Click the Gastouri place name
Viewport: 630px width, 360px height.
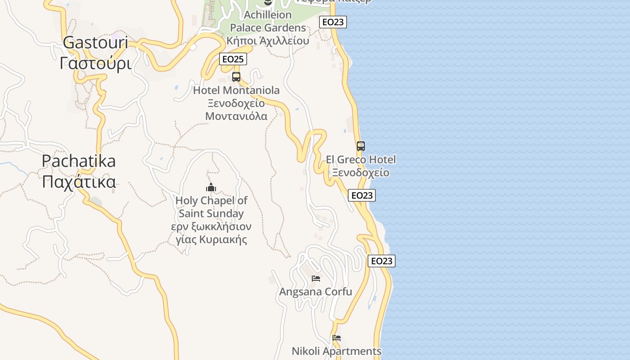(x=95, y=43)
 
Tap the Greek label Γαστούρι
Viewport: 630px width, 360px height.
(x=95, y=63)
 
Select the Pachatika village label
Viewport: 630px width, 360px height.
(x=79, y=161)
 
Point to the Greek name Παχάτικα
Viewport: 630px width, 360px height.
(x=79, y=182)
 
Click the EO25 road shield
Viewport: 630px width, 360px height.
(x=233, y=59)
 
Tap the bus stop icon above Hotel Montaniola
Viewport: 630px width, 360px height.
(x=236, y=77)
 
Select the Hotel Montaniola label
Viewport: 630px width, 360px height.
(x=236, y=90)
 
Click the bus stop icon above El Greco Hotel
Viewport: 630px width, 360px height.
(x=361, y=146)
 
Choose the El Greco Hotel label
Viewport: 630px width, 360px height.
(x=361, y=160)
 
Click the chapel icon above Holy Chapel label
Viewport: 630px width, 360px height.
(x=211, y=188)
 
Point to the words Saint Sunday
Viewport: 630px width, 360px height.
(x=211, y=213)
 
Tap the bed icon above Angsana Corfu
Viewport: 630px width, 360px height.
(x=316, y=279)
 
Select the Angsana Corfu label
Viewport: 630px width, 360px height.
(x=316, y=292)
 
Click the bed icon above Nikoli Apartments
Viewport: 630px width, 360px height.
(x=337, y=338)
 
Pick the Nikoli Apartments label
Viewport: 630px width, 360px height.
(x=337, y=351)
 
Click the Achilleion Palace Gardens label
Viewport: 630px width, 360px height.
(x=268, y=21)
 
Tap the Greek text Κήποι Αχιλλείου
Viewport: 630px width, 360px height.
(x=268, y=40)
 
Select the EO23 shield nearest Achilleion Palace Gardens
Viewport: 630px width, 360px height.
(x=333, y=22)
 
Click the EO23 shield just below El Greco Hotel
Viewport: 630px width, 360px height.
(x=362, y=195)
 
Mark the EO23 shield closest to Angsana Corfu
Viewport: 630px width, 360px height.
(x=382, y=261)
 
